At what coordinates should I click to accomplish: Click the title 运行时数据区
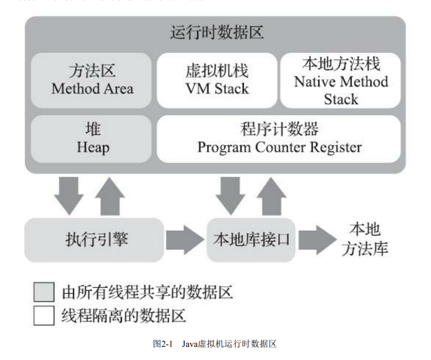tap(217, 33)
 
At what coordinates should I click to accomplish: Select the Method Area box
tap(92, 80)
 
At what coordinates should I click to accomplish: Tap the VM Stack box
tap(217, 80)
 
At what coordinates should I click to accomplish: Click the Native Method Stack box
tap(341, 81)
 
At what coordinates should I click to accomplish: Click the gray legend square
tap(44, 292)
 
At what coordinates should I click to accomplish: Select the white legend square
tap(44, 315)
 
